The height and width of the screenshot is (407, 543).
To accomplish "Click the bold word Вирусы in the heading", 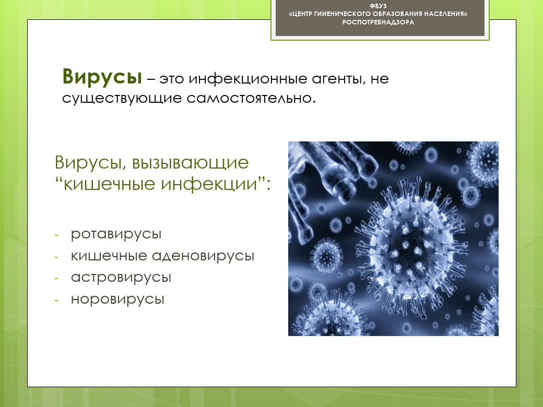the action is click(102, 77).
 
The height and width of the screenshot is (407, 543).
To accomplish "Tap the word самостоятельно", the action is click(251, 98).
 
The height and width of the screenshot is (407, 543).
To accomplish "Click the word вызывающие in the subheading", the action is click(190, 163).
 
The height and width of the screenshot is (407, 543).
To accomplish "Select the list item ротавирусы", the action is click(116, 234).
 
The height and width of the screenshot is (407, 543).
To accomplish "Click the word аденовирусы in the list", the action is click(203, 256).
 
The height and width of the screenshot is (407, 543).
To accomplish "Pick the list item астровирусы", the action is click(121, 278).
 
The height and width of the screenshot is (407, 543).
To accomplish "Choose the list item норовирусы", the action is click(117, 300).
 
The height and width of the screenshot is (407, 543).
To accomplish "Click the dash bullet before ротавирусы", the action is click(56, 235).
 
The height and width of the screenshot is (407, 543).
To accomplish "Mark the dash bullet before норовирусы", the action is click(56, 301).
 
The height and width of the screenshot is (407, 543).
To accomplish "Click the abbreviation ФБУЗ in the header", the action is click(378, 6).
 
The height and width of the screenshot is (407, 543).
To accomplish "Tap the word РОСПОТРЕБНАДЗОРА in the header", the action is click(378, 22).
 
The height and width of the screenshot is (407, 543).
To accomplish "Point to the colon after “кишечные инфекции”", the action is click(268, 185).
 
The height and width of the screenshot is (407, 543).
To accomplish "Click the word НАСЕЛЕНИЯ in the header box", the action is click(446, 14).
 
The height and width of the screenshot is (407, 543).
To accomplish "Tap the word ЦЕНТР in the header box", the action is click(302, 14).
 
